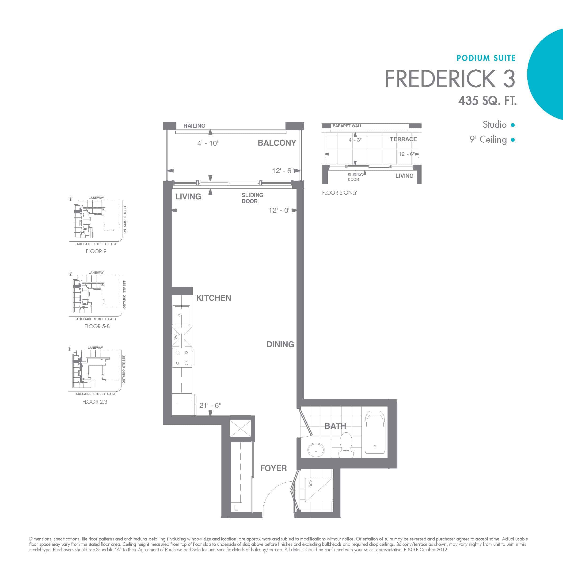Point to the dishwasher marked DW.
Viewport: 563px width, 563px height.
182,337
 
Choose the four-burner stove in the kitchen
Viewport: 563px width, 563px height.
182,358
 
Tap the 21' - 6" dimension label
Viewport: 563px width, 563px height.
210,405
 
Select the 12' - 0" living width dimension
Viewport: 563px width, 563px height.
279,210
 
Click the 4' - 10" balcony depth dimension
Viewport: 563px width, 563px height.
208,143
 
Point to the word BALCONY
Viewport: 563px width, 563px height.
277,143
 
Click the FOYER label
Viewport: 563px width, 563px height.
273,468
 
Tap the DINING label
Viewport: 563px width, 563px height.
280,344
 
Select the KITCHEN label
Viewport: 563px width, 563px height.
214,298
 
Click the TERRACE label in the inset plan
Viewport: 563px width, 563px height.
403,139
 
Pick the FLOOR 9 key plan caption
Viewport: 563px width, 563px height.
96,251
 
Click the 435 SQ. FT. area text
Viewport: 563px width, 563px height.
487,101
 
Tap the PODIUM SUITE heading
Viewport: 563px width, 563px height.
486,58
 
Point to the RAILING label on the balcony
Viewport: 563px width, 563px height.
194,126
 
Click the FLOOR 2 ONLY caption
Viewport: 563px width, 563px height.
339,193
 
